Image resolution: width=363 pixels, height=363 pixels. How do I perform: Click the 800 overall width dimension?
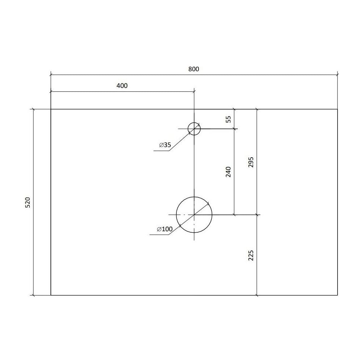pyautogui.click(x=193, y=69)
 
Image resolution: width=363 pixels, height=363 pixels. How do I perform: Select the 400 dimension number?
pyautogui.click(x=122, y=86)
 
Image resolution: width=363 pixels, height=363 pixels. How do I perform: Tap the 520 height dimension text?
pyautogui.click(x=28, y=202)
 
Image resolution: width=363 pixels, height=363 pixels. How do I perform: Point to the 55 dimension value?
pyautogui.click(x=228, y=119)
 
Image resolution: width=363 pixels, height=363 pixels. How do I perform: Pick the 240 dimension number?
pyautogui.click(x=228, y=172)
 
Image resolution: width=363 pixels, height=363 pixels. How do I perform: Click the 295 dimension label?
pyautogui.click(x=251, y=162)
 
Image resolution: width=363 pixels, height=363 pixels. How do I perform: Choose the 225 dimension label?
pyautogui.click(x=251, y=255)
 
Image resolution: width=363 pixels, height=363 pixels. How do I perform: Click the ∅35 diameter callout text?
pyautogui.click(x=165, y=145)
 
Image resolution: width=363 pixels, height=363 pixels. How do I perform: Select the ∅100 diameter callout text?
pyautogui.click(x=164, y=229)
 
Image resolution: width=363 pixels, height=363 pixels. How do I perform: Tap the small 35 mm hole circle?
pyautogui.click(x=194, y=123)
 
